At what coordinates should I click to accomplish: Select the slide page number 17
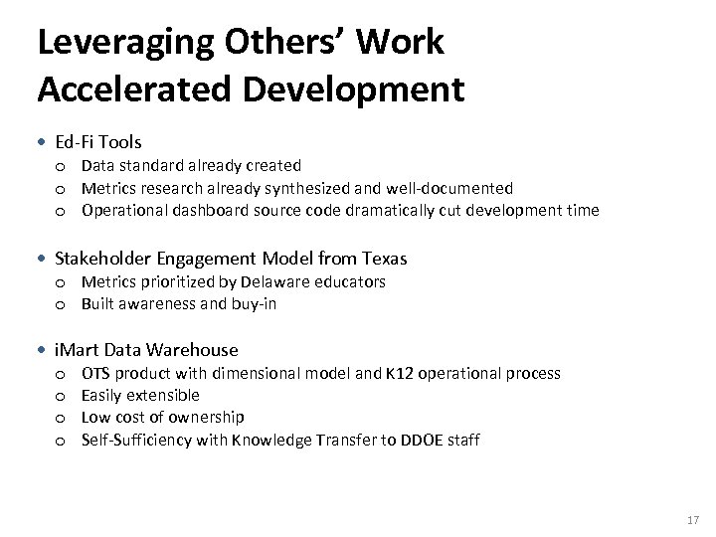[x=692, y=519]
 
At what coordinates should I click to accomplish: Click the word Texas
[x=382, y=259]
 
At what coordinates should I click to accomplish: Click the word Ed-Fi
[x=75, y=142]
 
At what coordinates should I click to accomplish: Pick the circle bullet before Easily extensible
[x=61, y=396]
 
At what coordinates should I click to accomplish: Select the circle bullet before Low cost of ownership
[x=61, y=418]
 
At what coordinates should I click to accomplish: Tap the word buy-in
[x=254, y=303]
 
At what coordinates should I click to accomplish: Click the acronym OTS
[x=95, y=373]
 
